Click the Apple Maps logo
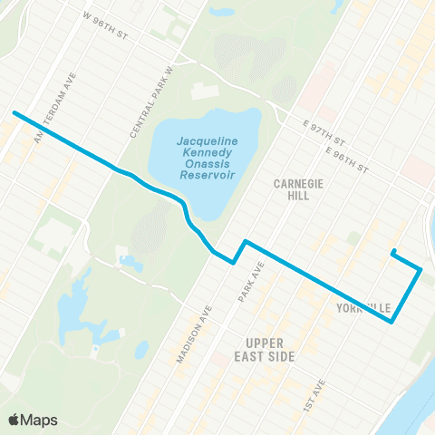tap(32, 420)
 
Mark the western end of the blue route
tap(14, 113)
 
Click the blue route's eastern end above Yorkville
tap(392, 252)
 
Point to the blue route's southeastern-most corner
tap(391, 321)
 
